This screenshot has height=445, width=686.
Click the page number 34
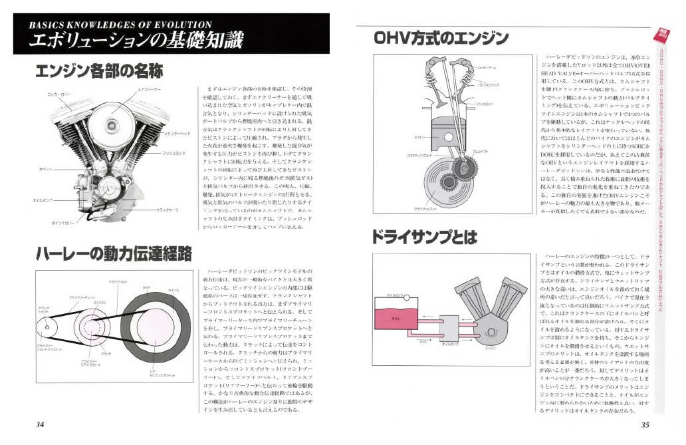coord(40,426)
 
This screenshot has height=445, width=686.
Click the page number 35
coord(644,426)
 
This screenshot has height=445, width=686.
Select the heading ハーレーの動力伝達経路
coord(114,253)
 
